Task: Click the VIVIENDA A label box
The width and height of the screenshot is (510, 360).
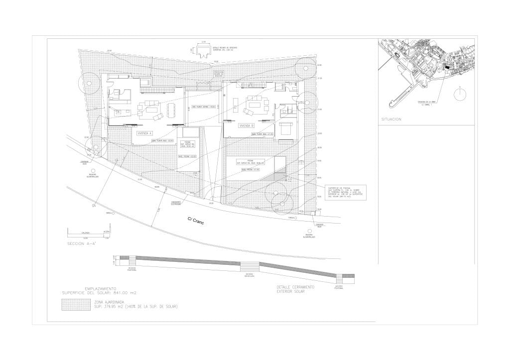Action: point(144,133)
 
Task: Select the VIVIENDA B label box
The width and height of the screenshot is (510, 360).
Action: point(246,125)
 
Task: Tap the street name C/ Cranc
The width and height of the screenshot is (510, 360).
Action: point(196,220)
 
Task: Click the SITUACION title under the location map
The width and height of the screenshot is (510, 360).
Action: point(391,120)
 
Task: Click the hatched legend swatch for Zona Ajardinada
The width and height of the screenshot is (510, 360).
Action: point(75,304)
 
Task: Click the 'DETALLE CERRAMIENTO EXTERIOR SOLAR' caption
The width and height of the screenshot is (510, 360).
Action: point(295,289)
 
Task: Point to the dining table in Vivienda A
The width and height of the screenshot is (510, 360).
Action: point(171,110)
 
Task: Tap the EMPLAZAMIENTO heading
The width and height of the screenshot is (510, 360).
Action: point(101,288)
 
